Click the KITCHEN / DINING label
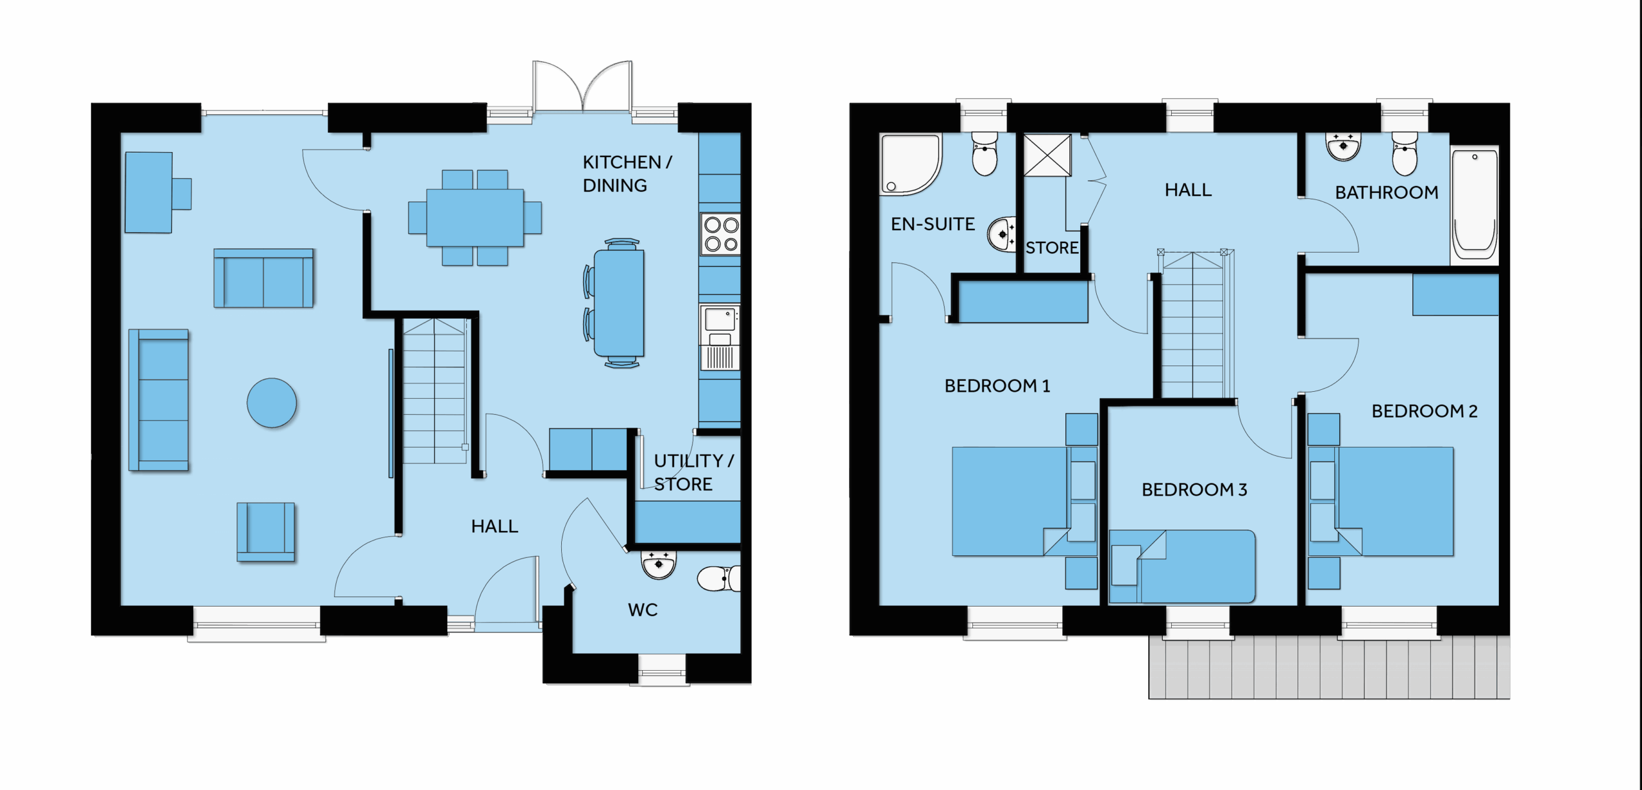[x=627, y=174]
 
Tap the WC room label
[x=643, y=610]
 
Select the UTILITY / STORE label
[x=693, y=472]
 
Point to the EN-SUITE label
[x=933, y=224]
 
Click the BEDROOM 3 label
[x=1194, y=490]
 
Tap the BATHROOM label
[x=1387, y=192]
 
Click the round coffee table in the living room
[x=272, y=403]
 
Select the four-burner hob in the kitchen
[x=720, y=234]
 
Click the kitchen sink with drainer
[x=720, y=337]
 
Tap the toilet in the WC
[x=718, y=578]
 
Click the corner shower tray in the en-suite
[x=910, y=165]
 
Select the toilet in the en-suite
[x=985, y=153]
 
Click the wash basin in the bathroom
[x=1343, y=147]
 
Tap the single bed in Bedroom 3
[x=1182, y=567]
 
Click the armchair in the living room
[x=266, y=532]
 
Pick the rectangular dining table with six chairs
[x=475, y=218]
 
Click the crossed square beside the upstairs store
[x=1047, y=155]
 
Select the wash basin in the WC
[x=659, y=565]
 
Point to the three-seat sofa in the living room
[x=158, y=400]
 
